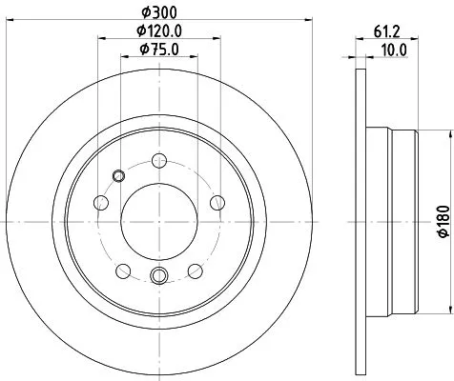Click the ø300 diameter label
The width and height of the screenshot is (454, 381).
tap(159, 10)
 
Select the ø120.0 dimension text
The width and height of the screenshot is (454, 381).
tap(159, 30)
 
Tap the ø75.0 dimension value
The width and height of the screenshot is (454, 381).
tap(159, 50)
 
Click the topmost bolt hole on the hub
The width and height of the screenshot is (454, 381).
tap(159, 162)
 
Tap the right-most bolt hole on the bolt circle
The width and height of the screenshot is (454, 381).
tap(217, 201)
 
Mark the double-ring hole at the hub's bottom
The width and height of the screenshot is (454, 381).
tap(159, 276)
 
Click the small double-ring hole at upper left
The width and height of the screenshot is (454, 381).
tap(118, 174)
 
